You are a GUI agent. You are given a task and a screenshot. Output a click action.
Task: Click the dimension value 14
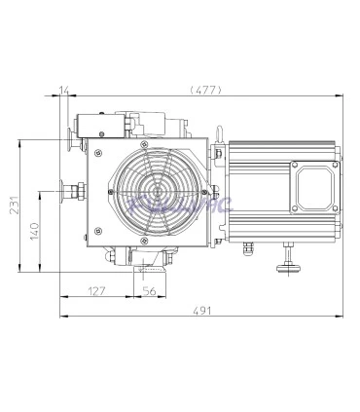pos(65,91)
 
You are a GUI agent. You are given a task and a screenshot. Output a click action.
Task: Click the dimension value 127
pos(96,289)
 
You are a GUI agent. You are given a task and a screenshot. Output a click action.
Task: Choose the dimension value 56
pos(149,289)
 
